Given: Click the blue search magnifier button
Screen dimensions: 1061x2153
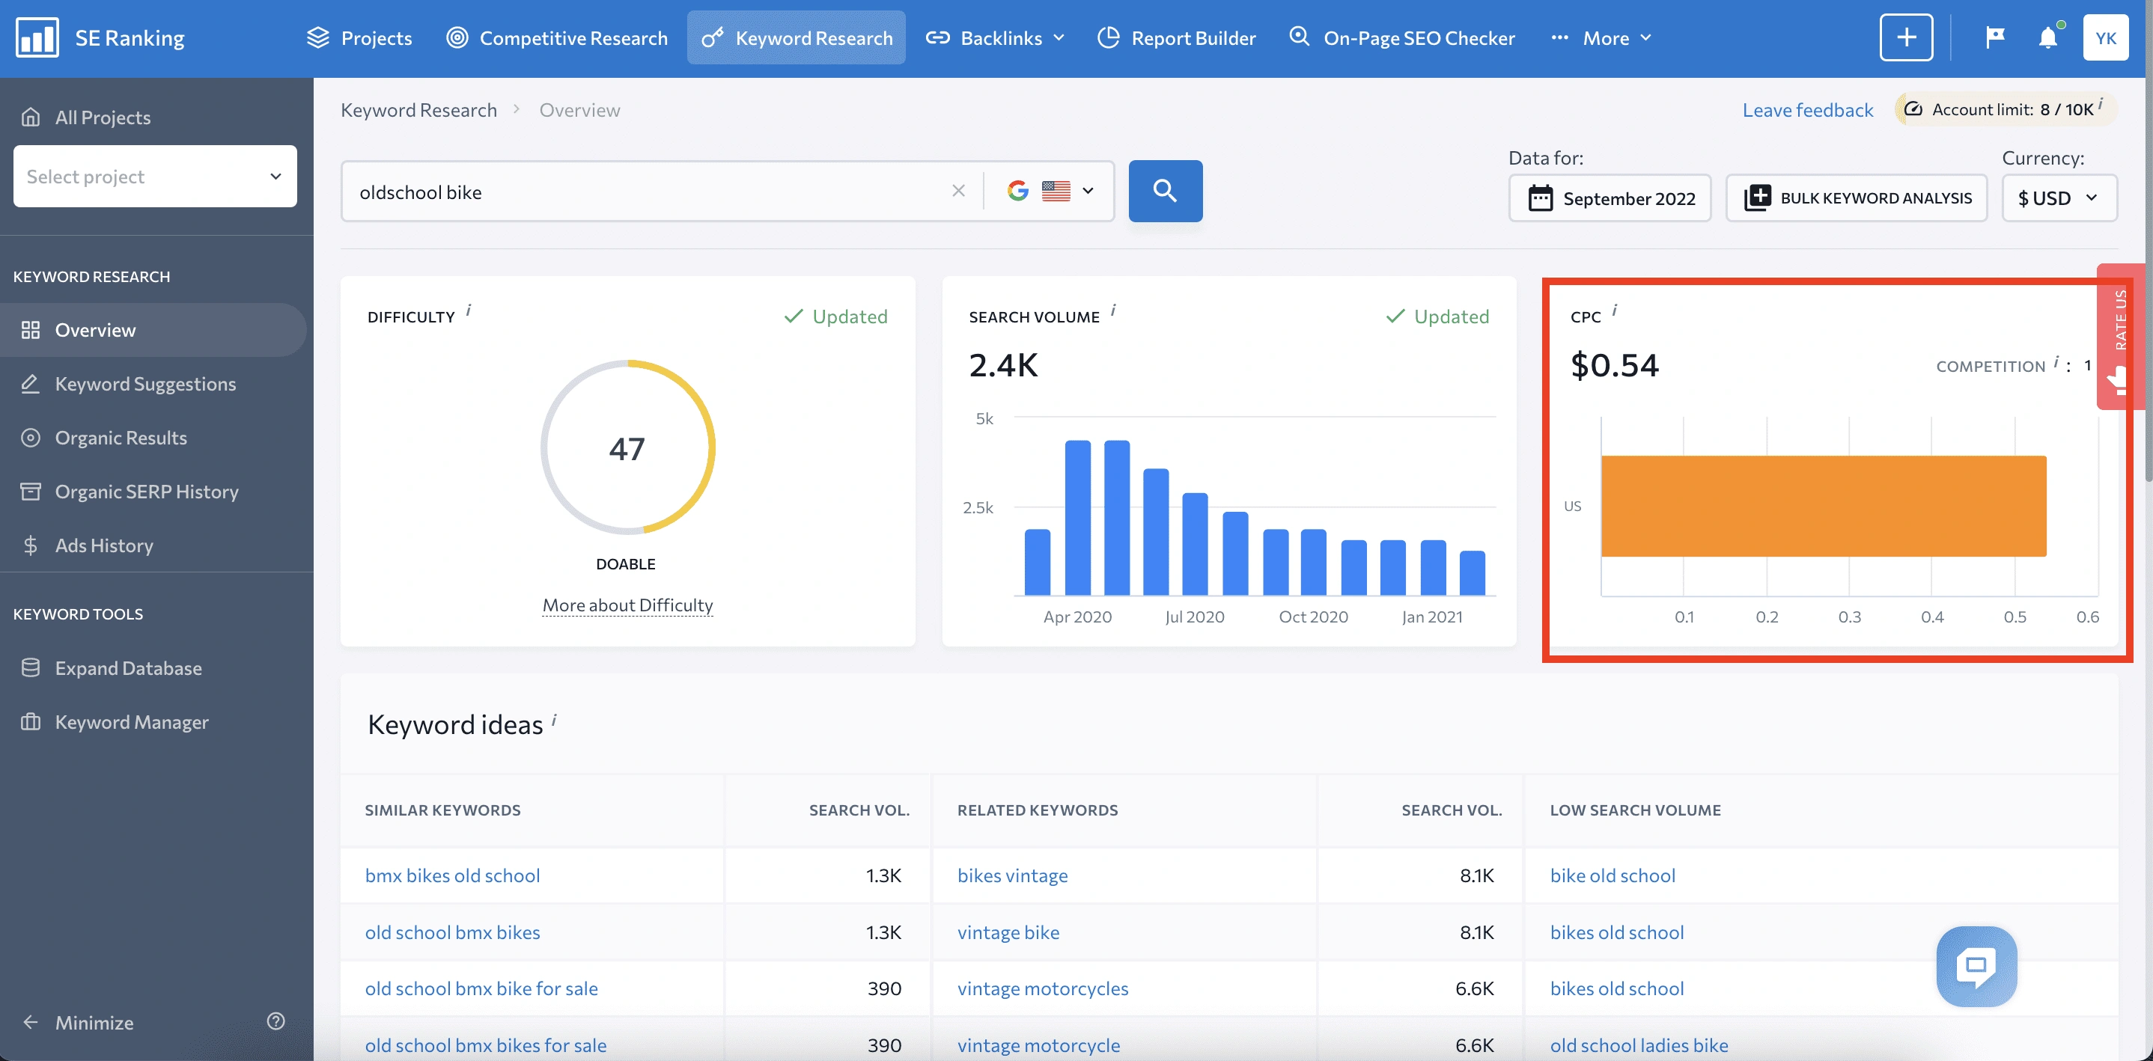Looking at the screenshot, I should coord(1165,192).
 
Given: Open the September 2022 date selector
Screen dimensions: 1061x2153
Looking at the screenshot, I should coord(1610,198).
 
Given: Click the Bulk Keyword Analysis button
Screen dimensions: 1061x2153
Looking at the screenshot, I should coord(1857,198).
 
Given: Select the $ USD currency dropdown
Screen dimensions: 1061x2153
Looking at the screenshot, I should coord(2058,198).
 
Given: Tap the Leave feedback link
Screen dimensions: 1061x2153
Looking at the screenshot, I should coord(1807,110).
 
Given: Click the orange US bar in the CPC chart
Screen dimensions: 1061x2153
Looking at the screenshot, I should coord(1823,506).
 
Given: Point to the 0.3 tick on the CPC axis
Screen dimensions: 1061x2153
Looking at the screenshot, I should coord(1849,617).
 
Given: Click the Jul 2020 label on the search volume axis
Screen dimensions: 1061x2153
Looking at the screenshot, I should coord(1194,617).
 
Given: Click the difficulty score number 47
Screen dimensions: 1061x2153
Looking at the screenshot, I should coord(627,449).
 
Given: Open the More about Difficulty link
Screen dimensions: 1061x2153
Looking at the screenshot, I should coord(627,605).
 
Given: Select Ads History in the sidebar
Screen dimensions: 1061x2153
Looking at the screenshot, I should coord(103,545).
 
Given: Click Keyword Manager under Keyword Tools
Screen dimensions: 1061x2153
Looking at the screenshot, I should coord(131,722).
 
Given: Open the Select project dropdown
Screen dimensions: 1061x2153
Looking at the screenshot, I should coord(155,177).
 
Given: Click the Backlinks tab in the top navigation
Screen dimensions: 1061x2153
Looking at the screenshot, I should coord(999,37).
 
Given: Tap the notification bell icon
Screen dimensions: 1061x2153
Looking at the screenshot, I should coord(2047,37).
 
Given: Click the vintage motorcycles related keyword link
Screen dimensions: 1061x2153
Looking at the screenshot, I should coord(1042,988).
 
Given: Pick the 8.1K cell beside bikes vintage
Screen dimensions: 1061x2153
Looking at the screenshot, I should coord(1476,875).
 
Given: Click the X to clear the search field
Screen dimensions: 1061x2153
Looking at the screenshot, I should coord(957,192).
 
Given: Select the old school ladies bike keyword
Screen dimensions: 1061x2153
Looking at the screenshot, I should coord(1638,1045).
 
